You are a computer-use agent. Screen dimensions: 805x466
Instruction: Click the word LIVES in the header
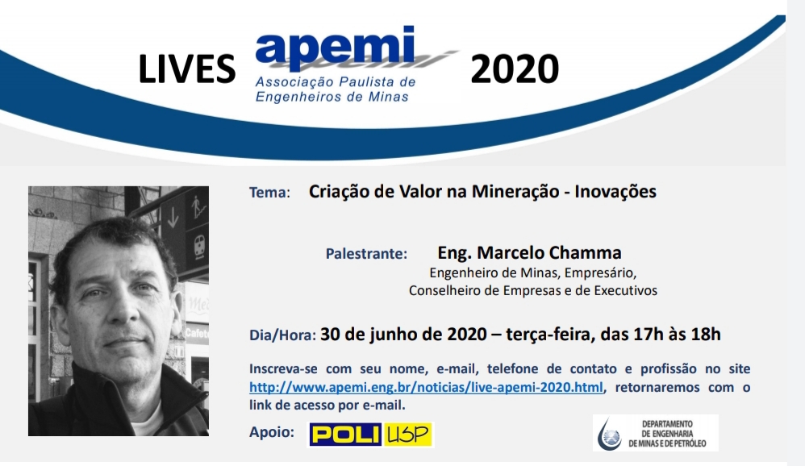point(187,70)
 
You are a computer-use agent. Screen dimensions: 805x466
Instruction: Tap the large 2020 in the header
point(515,70)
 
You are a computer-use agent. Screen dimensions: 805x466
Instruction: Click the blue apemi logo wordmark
point(335,48)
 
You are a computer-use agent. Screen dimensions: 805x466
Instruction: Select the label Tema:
point(269,193)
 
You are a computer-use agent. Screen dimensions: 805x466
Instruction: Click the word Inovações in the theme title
point(615,192)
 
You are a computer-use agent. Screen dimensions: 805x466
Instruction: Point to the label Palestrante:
point(366,253)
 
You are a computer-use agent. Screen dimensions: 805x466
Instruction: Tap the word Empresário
point(600,273)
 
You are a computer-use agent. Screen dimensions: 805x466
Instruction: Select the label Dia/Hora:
point(282,335)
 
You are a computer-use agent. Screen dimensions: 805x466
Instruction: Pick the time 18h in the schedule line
point(706,334)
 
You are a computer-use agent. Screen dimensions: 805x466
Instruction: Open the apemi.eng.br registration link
point(426,387)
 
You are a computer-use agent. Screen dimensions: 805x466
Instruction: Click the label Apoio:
point(272,432)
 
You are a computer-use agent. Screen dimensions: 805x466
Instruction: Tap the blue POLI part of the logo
point(345,435)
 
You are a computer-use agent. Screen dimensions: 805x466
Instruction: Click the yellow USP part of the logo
point(408,435)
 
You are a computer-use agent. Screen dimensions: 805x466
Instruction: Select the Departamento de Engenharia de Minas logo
point(656,433)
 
